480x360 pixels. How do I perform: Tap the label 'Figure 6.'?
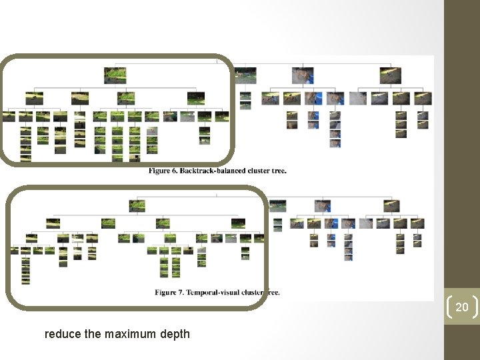pos(162,171)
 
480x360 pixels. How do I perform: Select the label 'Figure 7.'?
pos(169,292)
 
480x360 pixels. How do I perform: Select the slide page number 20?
pos(461,307)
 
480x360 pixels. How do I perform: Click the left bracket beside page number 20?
pos(449,307)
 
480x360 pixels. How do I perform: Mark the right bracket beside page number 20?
pos(474,307)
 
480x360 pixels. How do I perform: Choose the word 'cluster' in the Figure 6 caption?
pos(256,171)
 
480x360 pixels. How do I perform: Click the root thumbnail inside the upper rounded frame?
pos(115,75)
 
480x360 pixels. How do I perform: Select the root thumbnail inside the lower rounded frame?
pos(137,205)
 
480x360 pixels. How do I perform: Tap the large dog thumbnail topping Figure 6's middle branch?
pos(301,76)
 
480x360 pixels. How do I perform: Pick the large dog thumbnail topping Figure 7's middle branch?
pos(323,205)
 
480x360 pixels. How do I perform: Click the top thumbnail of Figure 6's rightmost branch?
pos(390,75)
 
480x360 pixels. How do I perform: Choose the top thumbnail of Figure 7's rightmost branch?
pos(392,205)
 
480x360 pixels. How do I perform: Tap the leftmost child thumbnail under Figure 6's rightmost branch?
pos(358,99)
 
